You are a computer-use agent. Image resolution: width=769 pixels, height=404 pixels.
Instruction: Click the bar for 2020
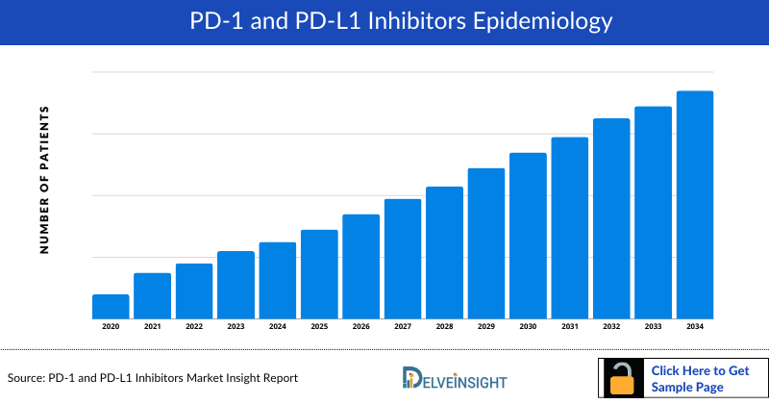(x=111, y=307)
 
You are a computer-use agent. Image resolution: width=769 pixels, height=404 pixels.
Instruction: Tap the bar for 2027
(x=403, y=259)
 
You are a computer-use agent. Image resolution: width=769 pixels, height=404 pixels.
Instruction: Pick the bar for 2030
(x=528, y=236)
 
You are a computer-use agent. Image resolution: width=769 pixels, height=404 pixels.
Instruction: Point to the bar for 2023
(x=236, y=285)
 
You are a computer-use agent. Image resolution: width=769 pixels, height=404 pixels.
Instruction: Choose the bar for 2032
(x=611, y=218)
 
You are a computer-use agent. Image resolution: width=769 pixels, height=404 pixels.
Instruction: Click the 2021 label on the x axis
(x=152, y=327)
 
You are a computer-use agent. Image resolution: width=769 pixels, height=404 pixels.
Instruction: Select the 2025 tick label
(x=319, y=327)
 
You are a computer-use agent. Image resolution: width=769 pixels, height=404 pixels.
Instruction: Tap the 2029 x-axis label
(x=486, y=327)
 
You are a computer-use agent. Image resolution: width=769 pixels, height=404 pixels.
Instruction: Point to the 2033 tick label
(x=653, y=327)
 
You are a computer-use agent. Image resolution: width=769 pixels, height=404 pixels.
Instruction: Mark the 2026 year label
(x=360, y=327)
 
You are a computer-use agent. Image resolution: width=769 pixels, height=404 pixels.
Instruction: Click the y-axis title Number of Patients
(x=43, y=180)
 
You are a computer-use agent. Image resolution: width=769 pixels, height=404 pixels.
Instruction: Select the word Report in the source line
(x=277, y=378)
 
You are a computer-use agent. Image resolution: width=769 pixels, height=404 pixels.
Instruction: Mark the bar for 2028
(x=444, y=252)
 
